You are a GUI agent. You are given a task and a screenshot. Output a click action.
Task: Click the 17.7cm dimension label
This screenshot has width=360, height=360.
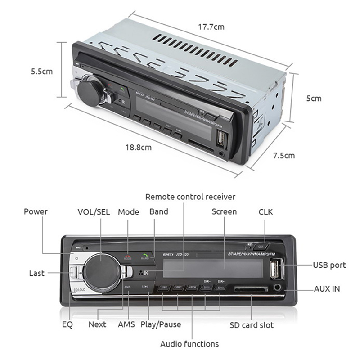coord(212,27)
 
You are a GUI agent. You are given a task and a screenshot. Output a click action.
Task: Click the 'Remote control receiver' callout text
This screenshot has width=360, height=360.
coord(190,197)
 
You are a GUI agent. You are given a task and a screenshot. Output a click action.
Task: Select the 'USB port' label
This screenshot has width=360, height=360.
coord(329,265)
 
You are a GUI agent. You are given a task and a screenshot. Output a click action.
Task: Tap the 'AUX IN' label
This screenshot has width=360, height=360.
coord(327,288)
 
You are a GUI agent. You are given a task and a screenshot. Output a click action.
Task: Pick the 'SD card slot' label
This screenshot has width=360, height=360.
coord(252,324)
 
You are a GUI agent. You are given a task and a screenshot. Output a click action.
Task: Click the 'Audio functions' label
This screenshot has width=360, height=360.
coord(189,344)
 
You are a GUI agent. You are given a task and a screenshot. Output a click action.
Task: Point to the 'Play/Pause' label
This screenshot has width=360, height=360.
coord(161,324)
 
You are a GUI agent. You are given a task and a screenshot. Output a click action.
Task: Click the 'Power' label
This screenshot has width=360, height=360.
coord(36,211)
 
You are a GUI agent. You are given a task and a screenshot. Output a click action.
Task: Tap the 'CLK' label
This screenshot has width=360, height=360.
coord(265,211)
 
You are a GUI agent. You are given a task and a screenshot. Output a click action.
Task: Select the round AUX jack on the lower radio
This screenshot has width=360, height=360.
coord(277,286)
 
